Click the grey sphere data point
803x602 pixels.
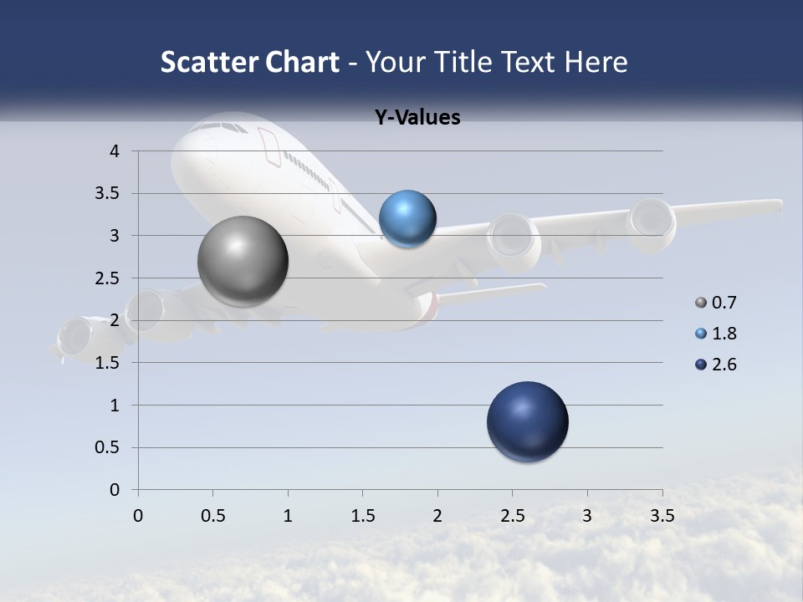point(243,261)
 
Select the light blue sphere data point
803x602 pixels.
point(407,219)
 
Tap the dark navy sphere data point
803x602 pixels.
point(527,421)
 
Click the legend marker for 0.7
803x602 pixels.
point(701,303)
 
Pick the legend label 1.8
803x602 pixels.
point(724,334)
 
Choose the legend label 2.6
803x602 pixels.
point(724,365)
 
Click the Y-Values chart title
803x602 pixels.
point(417,118)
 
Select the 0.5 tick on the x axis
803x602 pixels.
point(212,516)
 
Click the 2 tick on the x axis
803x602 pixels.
point(437,516)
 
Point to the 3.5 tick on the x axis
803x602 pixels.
point(662,516)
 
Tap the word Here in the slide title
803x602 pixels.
point(596,62)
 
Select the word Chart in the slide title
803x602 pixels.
point(303,62)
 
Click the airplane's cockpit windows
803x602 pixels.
point(219,126)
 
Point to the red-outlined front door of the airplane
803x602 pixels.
point(270,145)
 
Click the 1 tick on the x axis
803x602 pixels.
point(288,516)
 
